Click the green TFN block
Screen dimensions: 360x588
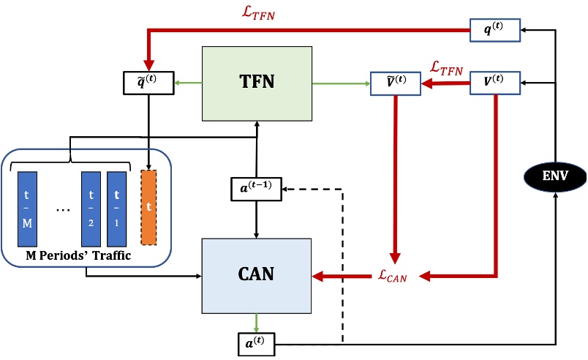tap(257, 84)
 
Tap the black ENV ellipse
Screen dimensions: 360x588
tap(555, 176)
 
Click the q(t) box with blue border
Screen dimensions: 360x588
tap(494, 30)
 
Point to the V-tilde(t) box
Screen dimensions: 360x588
tap(396, 84)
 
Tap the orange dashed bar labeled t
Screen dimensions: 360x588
tap(149, 206)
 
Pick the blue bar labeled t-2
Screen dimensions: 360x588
tap(91, 206)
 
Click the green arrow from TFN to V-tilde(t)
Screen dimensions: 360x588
tap(341, 84)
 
